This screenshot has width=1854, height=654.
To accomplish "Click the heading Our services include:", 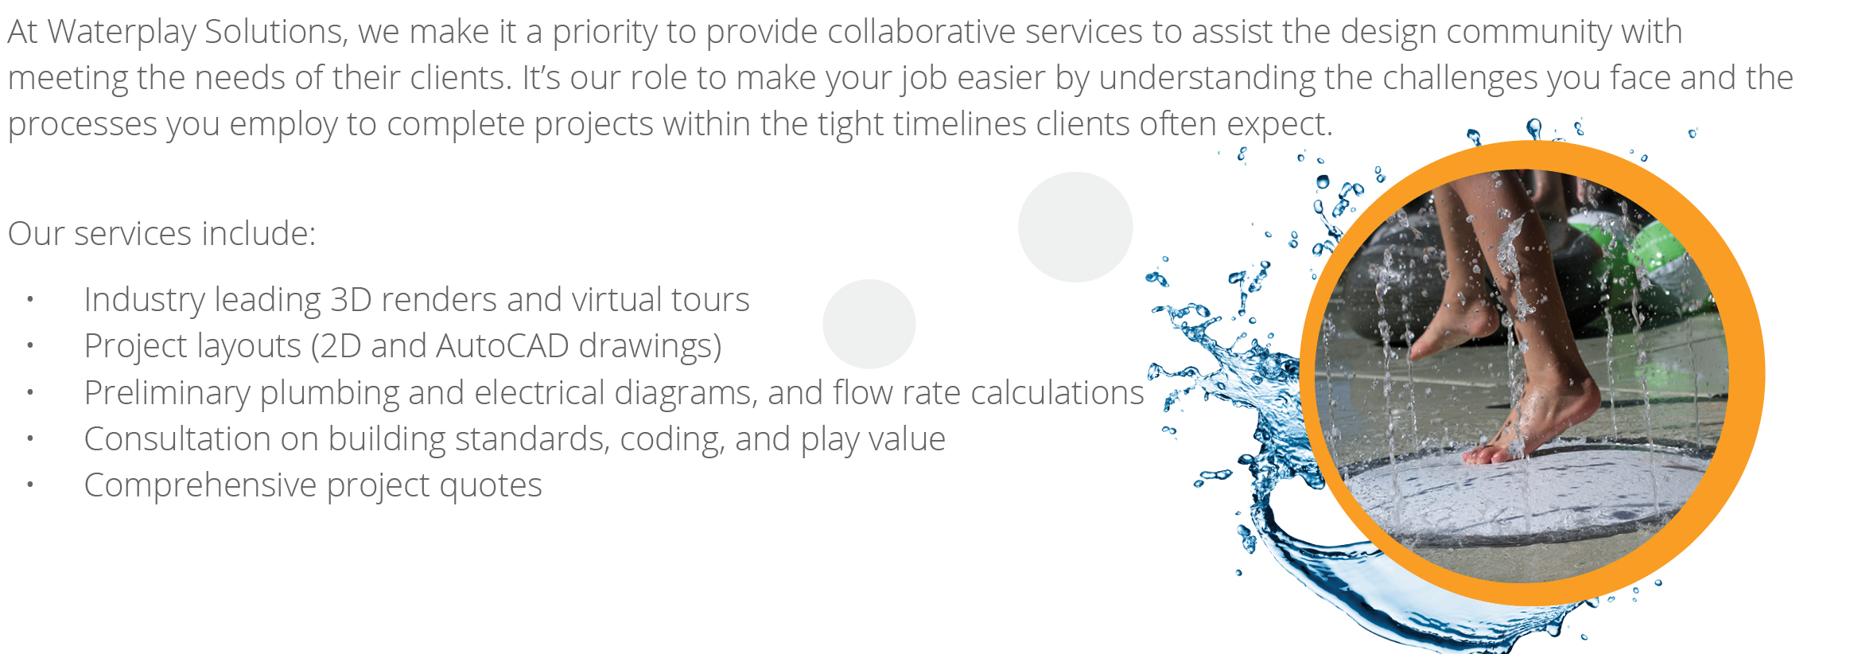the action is click(161, 234).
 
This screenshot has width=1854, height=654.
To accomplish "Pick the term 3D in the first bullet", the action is click(350, 300).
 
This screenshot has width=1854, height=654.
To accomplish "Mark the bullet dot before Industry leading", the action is click(30, 300).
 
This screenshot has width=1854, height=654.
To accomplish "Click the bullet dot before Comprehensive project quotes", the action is click(30, 485).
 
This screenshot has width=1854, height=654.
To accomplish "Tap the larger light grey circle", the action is click(1075, 227).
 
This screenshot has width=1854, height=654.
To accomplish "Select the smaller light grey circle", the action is click(869, 324).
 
